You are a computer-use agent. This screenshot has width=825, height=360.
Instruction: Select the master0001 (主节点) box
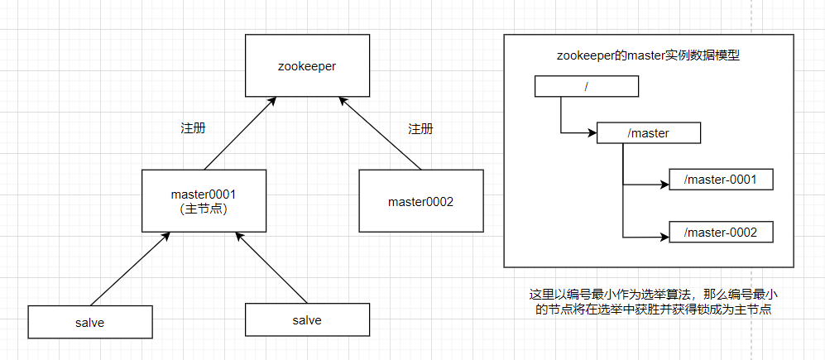tap(204, 200)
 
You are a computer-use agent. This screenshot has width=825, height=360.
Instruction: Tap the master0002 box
tap(420, 200)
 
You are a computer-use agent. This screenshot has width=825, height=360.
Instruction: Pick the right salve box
tap(306, 319)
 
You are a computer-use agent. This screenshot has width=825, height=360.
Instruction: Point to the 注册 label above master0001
tap(193, 129)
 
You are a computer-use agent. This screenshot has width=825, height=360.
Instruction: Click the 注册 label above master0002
tap(420, 129)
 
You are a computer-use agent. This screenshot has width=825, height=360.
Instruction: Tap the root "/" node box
tap(587, 85)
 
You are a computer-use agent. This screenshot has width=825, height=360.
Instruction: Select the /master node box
tap(649, 132)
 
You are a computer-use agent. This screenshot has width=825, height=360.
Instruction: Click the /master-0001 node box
tap(721, 180)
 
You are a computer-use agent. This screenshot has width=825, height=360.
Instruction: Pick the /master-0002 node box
tap(721, 233)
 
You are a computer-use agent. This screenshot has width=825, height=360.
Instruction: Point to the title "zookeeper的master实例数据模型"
tap(649, 56)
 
